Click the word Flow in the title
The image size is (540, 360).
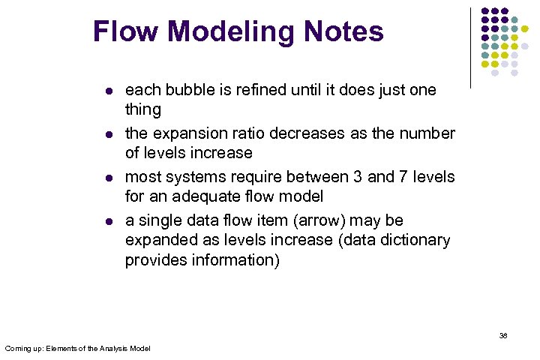(126, 32)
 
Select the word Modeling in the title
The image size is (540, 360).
(228, 32)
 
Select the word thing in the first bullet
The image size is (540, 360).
(142, 110)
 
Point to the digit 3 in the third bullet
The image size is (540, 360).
(355, 178)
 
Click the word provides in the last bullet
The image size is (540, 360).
(155, 260)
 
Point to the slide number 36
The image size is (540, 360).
(503, 336)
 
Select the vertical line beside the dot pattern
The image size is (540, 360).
(470, 47)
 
